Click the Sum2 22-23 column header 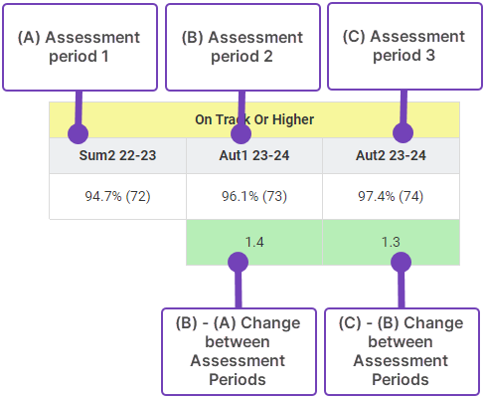(x=117, y=155)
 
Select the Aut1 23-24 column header (x=254, y=155)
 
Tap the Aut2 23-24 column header (x=391, y=155)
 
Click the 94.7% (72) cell (x=117, y=196)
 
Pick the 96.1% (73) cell (x=254, y=196)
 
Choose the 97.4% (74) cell (x=391, y=196)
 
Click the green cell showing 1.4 (x=254, y=242)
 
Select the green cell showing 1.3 (x=391, y=242)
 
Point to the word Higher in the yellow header (x=293, y=119)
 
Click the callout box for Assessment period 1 (x=80, y=47)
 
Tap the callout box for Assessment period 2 (x=242, y=47)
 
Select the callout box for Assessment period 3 (x=404, y=47)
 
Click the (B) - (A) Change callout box (x=239, y=351)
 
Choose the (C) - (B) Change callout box (x=402, y=351)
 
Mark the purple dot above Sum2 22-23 (x=78, y=133)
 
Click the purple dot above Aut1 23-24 (x=241, y=133)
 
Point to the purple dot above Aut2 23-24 (x=403, y=132)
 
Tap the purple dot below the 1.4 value (x=238, y=262)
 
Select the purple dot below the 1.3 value (x=401, y=262)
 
